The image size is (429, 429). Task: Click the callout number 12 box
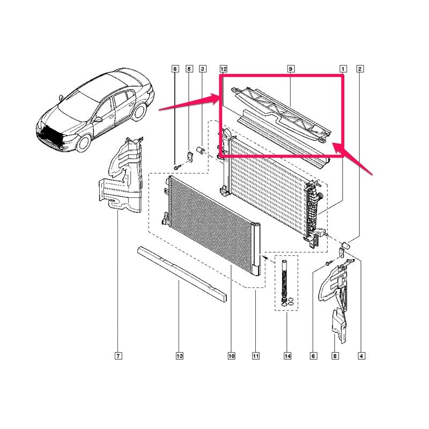(x=223, y=69)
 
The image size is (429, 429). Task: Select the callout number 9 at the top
(x=291, y=69)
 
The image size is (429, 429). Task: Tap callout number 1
(x=343, y=69)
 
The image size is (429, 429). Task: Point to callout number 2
(x=360, y=69)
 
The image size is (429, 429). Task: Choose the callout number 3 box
(x=203, y=69)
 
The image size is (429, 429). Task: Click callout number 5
(x=189, y=69)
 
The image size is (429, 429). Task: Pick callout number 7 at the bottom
(x=118, y=356)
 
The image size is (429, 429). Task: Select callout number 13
(x=179, y=356)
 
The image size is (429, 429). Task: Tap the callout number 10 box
(x=232, y=356)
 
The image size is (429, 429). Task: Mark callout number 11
(x=256, y=356)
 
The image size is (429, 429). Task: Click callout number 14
(x=287, y=356)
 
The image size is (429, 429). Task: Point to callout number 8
(x=335, y=356)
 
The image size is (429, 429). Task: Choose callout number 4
(x=361, y=356)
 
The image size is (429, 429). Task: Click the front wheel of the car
(x=84, y=143)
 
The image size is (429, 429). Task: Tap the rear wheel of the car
(x=139, y=112)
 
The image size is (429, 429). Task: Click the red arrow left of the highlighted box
(x=189, y=102)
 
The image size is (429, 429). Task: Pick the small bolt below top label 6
(x=177, y=166)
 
